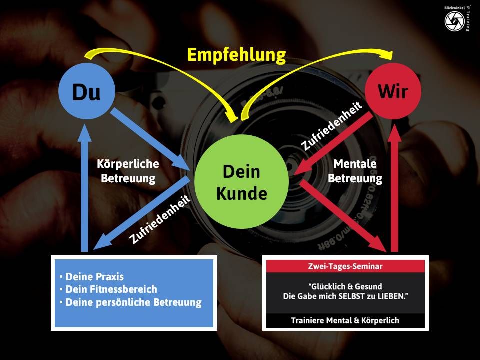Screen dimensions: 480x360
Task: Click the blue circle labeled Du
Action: tap(87, 91)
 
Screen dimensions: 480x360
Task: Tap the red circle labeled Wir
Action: tap(393, 91)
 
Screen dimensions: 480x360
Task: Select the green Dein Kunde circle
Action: tap(242, 182)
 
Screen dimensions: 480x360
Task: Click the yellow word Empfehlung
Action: tap(236, 55)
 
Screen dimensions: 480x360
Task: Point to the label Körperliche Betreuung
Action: tap(128, 171)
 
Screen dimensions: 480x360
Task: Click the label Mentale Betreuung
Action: tap(355, 171)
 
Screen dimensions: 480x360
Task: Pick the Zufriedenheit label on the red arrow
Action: tap(332, 126)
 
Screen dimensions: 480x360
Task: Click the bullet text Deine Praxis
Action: tap(94, 276)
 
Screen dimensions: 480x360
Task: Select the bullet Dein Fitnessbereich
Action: tap(111, 289)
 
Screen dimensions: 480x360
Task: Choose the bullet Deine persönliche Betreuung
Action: tap(134, 302)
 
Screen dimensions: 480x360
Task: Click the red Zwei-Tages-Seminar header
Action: tap(345, 266)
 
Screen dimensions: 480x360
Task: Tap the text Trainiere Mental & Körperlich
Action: tap(345, 320)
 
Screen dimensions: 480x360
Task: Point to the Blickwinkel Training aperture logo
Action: tap(455, 21)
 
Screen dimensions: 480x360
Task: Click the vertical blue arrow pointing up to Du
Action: tap(85, 188)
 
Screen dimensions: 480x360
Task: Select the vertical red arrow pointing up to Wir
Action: tap(395, 188)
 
